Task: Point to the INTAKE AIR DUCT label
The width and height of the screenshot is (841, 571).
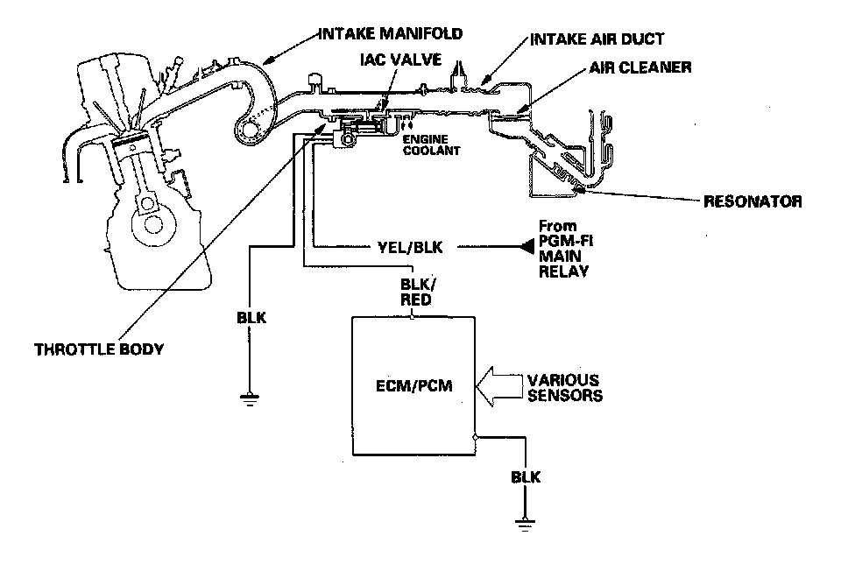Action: coord(597,40)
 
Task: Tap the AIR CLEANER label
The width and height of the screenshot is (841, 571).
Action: coord(640,67)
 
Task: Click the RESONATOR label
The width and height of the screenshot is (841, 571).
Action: coord(753,202)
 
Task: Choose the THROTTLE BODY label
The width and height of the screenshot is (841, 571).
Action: coord(98,349)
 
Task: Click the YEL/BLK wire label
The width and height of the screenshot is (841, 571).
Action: coord(413,249)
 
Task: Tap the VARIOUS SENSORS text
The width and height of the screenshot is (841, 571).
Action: coord(562,388)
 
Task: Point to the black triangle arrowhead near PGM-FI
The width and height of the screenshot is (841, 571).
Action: coord(528,249)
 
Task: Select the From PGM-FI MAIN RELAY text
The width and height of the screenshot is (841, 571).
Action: coord(563,249)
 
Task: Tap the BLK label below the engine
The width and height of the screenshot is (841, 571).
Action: coord(251,318)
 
